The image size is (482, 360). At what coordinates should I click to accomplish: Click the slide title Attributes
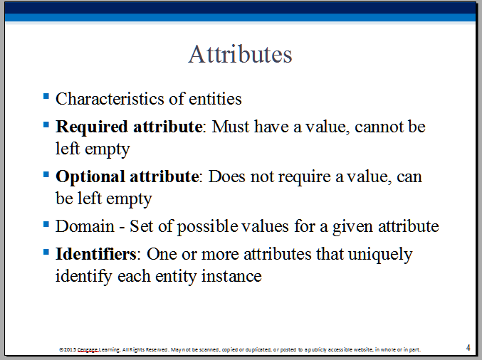240,54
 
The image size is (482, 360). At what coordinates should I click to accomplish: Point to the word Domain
85,226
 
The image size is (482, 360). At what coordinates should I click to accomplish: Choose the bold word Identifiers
95,254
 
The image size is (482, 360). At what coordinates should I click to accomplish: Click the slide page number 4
468,348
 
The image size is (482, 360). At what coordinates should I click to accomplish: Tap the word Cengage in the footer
88,349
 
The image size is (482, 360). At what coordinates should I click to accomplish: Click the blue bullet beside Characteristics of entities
46,97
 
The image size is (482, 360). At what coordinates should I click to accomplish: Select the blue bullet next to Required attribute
46,125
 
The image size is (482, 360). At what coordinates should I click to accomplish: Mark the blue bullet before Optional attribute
46,174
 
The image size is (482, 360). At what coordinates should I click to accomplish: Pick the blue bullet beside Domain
46,224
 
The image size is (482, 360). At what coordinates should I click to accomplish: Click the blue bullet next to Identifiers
46,252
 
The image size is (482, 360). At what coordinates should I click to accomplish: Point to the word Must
231,127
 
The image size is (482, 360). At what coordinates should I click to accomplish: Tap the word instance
231,276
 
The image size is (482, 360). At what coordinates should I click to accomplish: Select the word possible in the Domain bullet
207,227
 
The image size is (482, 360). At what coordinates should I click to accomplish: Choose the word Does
227,176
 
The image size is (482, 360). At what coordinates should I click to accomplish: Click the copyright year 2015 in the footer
70,349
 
